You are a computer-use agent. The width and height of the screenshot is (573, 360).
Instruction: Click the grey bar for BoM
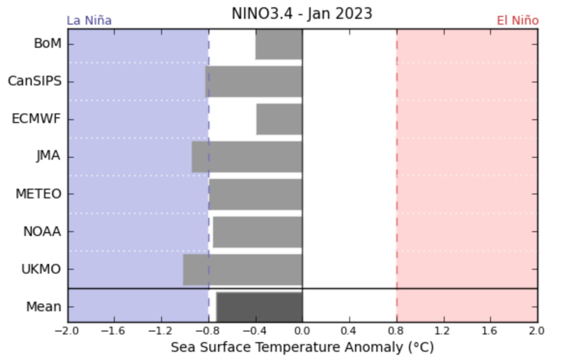[x=279, y=44]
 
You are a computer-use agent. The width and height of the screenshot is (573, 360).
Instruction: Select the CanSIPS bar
[x=254, y=82]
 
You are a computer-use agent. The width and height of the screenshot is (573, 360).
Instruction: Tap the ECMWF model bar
[x=279, y=119]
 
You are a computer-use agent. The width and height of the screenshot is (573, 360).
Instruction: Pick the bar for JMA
[x=247, y=157]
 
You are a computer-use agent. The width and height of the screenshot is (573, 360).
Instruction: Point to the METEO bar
[x=255, y=194]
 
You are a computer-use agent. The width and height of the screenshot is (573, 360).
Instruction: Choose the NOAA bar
[x=257, y=232]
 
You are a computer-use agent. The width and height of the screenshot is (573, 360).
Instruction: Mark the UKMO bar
[x=243, y=270]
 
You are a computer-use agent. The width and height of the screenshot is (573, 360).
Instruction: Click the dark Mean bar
[x=259, y=307]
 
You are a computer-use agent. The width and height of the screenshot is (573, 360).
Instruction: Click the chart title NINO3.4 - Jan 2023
[x=302, y=14]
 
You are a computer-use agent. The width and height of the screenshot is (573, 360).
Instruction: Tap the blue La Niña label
[x=89, y=21]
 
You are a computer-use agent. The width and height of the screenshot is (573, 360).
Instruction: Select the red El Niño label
[x=517, y=21]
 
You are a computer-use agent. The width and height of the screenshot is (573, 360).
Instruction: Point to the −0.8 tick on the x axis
[x=208, y=331]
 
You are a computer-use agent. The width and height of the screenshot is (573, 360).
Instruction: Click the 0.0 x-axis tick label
[x=302, y=331]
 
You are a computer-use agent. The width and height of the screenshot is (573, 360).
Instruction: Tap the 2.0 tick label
[x=536, y=331]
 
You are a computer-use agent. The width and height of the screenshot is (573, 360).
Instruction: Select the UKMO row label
[x=41, y=270]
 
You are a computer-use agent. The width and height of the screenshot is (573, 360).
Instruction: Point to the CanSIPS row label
[x=35, y=82]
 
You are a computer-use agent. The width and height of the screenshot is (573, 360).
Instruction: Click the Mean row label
[x=44, y=307]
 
